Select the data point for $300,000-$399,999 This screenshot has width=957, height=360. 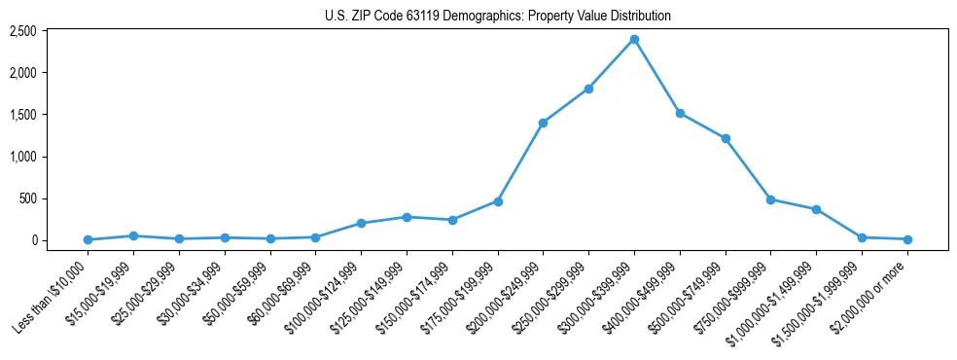(x=634, y=39)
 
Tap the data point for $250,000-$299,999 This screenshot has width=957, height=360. (x=588, y=89)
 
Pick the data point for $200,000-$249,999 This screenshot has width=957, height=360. (x=543, y=123)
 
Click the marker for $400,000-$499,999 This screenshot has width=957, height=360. (x=680, y=113)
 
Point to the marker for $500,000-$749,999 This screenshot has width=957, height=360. (x=726, y=138)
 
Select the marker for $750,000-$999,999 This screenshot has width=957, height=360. (x=770, y=199)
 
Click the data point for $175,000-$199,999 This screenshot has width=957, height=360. (x=498, y=201)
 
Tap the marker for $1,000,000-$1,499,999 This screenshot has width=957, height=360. (x=816, y=209)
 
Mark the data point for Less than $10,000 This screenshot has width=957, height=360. (x=89, y=239)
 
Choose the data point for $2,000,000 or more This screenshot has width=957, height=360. (x=907, y=239)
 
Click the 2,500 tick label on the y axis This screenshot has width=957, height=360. (x=50, y=31)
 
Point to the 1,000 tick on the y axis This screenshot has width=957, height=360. (x=50, y=157)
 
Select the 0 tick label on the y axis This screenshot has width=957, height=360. (x=59, y=240)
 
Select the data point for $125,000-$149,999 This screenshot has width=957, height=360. (x=407, y=217)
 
